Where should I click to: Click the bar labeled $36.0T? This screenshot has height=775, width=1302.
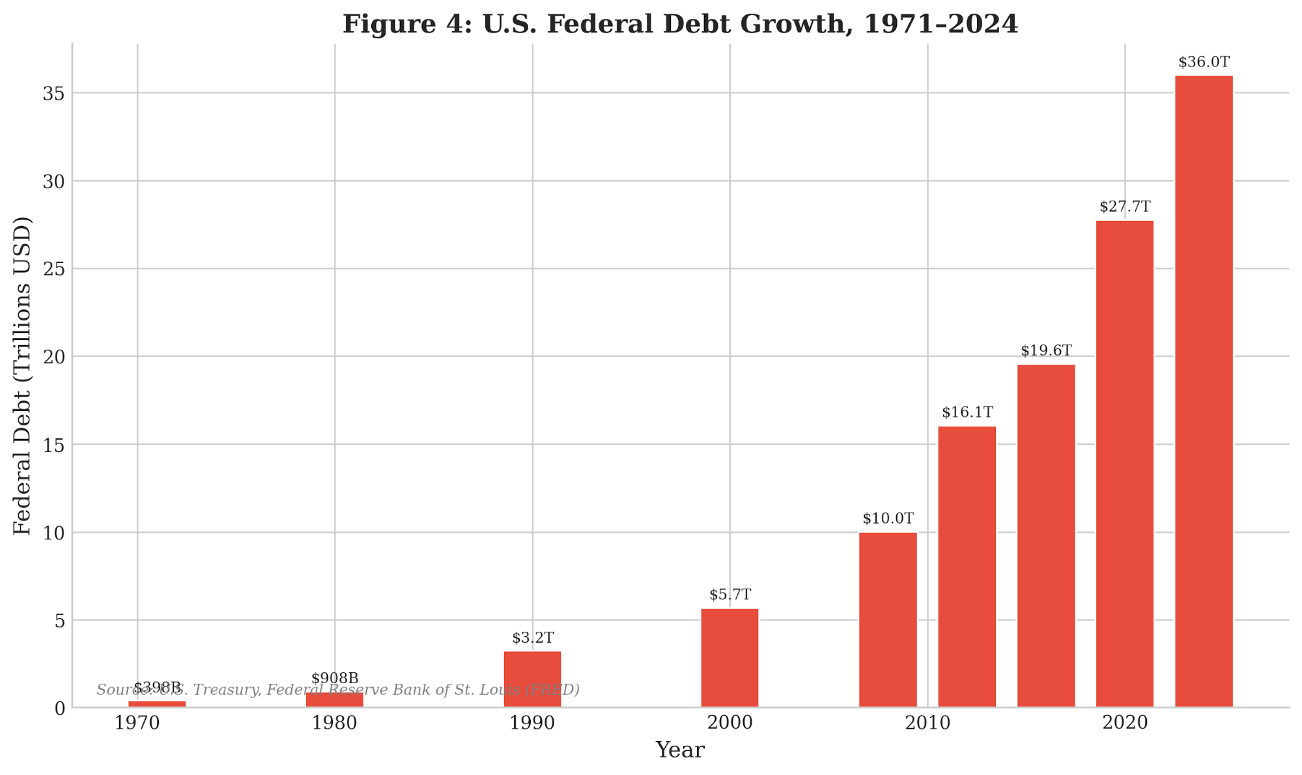1204,391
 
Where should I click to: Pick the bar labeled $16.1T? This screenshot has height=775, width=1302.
967,567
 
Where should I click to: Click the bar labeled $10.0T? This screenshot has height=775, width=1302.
888,619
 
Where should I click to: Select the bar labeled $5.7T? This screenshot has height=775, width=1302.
729,658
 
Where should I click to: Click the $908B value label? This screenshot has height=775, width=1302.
335,679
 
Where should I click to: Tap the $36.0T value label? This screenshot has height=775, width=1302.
1204,63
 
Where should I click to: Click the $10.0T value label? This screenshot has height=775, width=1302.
888,519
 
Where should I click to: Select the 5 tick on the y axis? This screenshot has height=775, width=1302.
59,621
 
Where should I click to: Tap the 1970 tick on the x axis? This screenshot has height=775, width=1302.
137,723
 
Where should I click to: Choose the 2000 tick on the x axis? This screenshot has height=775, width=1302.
729,723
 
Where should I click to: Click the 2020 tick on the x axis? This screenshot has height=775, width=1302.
1125,723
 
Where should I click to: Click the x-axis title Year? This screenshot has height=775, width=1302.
679,750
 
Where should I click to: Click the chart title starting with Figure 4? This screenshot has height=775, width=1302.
680,24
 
